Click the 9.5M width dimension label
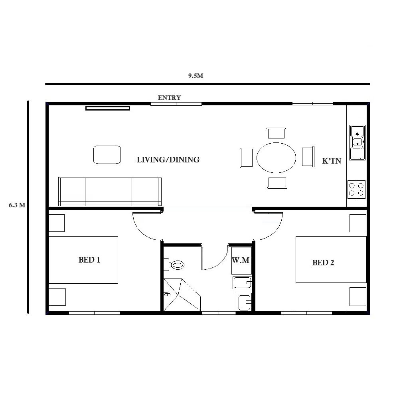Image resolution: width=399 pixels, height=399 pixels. (x=196, y=76)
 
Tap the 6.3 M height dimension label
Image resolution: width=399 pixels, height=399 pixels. (x=17, y=205)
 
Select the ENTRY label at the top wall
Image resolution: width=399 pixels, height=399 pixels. (x=169, y=97)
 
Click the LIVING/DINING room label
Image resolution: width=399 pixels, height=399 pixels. (x=168, y=160)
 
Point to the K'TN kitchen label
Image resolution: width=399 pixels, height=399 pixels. (x=332, y=162)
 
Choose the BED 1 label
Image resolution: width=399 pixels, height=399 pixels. (x=89, y=260)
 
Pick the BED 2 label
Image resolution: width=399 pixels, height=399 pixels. (x=323, y=263)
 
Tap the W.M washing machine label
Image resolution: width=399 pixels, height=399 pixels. (x=241, y=261)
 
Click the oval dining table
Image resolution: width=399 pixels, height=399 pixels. (x=276, y=157)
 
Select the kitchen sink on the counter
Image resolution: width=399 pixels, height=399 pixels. (x=357, y=142)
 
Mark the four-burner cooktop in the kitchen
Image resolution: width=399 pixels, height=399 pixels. (x=356, y=189)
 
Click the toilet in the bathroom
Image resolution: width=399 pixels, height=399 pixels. (x=174, y=264)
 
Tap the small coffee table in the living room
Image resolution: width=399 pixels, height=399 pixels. (x=107, y=154)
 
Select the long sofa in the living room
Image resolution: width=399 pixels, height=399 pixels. (x=110, y=192)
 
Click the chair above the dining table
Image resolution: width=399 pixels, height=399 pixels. (x=276, y=132)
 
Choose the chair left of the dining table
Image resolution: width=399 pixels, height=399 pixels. (x=246, y=157)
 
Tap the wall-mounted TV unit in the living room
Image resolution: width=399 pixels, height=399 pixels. (x=108, y=108)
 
